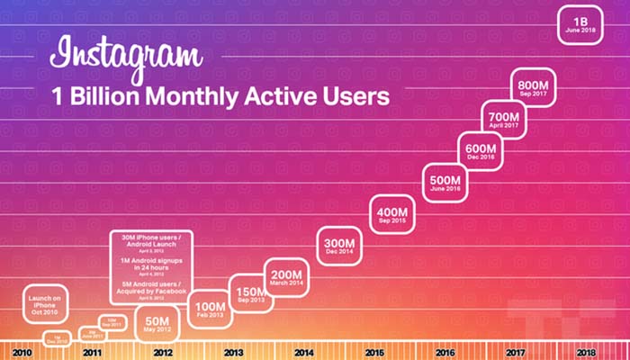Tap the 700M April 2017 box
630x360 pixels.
[x=503, y=120]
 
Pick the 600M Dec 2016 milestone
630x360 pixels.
[x=475, y=148]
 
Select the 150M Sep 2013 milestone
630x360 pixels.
[x=248, y=294]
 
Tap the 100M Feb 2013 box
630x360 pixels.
[x=209, y=310]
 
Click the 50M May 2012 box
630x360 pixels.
[x=157, y=322]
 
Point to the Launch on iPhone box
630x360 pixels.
[x=46, y=306]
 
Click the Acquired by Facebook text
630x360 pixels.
[x=155, y=291]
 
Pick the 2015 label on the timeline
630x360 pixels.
[x=373, y=351]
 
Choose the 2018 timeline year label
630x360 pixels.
[x=585, y=351]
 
